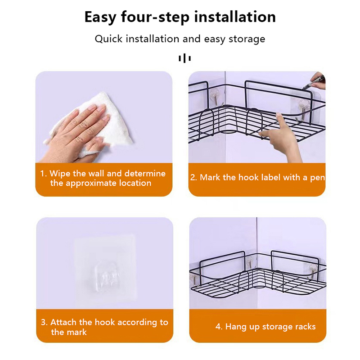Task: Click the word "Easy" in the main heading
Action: [x=100, y=18]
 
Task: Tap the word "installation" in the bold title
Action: [x=235, y=17]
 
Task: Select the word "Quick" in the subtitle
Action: [x=108, y=39]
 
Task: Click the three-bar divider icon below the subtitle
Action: [x=184, y=58]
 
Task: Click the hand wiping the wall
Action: [x=76, y=133]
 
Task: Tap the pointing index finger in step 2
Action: [x=279, y=121]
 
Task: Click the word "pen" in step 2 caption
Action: [x=318, y=178]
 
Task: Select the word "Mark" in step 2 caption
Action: [x=210, y=177]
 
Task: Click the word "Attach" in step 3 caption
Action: [x=63, y=322]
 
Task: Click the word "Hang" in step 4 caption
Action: [x=236, y=327]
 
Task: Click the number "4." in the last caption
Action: [x=219, y=327]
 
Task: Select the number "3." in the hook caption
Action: [x=44, y=322]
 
